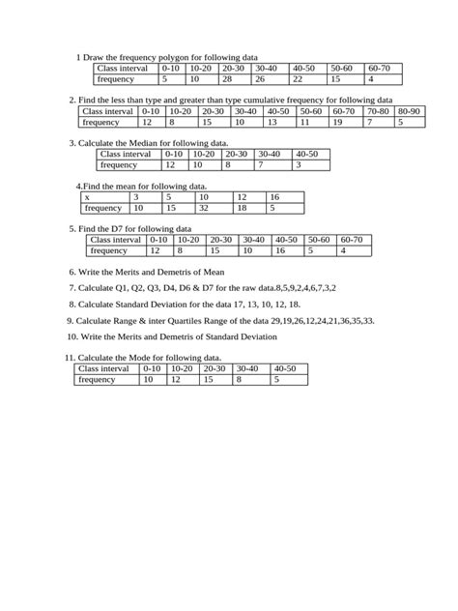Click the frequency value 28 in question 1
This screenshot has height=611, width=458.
point(227,79)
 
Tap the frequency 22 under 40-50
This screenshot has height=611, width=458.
point(298,79)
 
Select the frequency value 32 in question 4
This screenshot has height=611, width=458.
point(204,208)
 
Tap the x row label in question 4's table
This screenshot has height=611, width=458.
point(87,196)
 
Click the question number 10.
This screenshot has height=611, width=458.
point(72,336)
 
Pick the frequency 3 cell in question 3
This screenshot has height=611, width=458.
point(299,165)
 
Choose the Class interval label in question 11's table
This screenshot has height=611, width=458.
point(103,368)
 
